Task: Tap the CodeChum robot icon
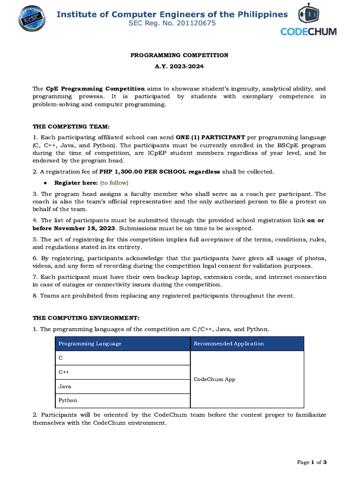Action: pyautogui.click(x=308, y=14)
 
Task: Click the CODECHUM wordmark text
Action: pyautogui.click(x=308, y=31)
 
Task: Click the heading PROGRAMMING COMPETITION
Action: pyautogui.click(x=179, y=55)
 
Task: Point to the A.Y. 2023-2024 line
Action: pyautogui.click(x=179, y=67)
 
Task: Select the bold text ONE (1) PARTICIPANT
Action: pyautogui.click(x=210, y=137)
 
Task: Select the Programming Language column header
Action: pyautogui.click(x=90, y=344)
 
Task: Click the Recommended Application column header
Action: pyautogui.click(x=229, y=344)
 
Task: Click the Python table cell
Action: pyautogui.click(x=67, y=400)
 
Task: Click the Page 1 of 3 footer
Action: pyautogui.click(x=312, y=462)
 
